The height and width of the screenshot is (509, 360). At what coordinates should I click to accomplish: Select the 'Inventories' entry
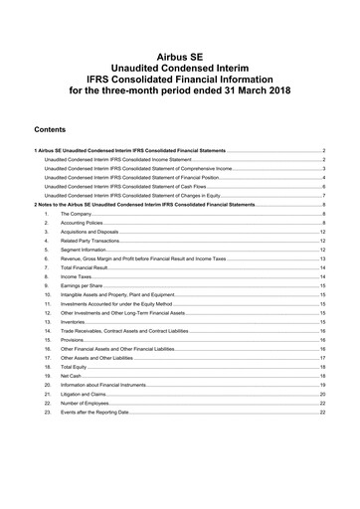73,322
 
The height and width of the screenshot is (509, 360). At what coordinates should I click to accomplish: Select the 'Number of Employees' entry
84,404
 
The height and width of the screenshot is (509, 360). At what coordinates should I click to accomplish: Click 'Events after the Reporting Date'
94,413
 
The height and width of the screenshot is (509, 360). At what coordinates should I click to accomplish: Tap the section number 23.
47,413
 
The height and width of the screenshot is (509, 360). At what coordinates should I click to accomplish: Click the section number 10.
47,295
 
